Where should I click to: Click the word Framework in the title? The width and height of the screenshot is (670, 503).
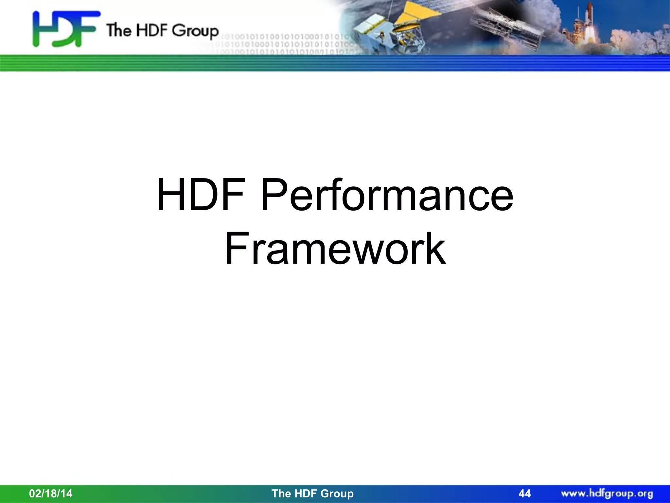335,249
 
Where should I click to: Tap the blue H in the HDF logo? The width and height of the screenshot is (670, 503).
41,29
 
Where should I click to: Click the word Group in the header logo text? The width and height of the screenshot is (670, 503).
195,31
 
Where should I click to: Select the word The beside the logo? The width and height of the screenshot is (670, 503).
118,30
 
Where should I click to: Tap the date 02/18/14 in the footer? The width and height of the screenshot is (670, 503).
51,493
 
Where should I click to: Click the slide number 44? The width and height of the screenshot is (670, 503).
524,493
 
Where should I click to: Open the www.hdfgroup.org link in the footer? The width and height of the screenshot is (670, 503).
607,493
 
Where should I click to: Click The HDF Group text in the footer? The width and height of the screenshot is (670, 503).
312,493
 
